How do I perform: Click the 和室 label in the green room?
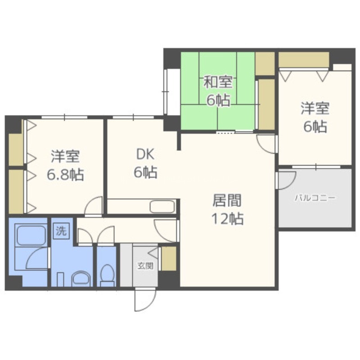point(218,82)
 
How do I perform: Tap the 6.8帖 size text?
point(65,175)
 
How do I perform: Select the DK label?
point(145,154)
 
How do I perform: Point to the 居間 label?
point(227,200)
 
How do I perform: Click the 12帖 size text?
point(227,219)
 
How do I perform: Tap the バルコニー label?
point(315,198)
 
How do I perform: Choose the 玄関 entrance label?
point(145,266)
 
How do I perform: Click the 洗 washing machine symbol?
point(61,231)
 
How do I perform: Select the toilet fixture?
point(107,275)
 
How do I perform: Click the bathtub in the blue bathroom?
point(30,235)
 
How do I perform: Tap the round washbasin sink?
point(81,279)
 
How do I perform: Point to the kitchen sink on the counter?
point(162,207)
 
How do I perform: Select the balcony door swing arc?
point(287,180)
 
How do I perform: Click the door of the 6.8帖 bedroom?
point(94,206)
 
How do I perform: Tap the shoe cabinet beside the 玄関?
point(169,258)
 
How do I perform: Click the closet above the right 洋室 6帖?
point(304,60)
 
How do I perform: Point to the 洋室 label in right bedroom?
point(315,108)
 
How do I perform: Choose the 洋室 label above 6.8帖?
point(65,156)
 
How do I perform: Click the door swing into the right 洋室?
point(266,144)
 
